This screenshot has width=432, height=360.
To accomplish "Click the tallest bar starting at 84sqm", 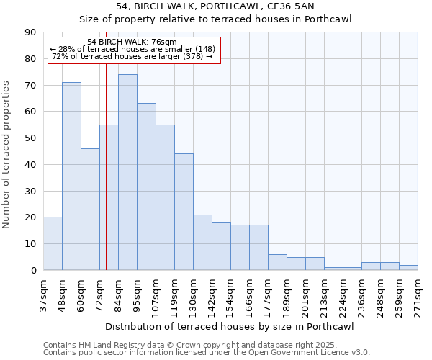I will pyautogui.click(x=127, y=172).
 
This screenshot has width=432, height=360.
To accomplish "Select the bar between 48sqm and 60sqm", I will pyautogui.click(x=71, y=176).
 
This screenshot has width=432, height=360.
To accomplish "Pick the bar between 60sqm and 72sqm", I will pyautogui.click(x=90, y=209).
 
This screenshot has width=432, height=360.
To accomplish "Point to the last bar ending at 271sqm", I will pyautogui.click(x=408, y=267).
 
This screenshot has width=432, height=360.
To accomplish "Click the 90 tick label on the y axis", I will pyautogui.click(x=30, y=32).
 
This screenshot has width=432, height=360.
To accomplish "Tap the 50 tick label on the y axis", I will pyautogui.click(x=30, y=138).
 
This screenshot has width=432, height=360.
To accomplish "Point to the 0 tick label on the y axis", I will pyautogui.click(x=33, y=270).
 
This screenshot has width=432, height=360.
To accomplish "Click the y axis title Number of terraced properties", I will pyautogui.click(x=7, y=154).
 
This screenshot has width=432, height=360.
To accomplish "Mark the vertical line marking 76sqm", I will pyautogui.click(x=106, y=180).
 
